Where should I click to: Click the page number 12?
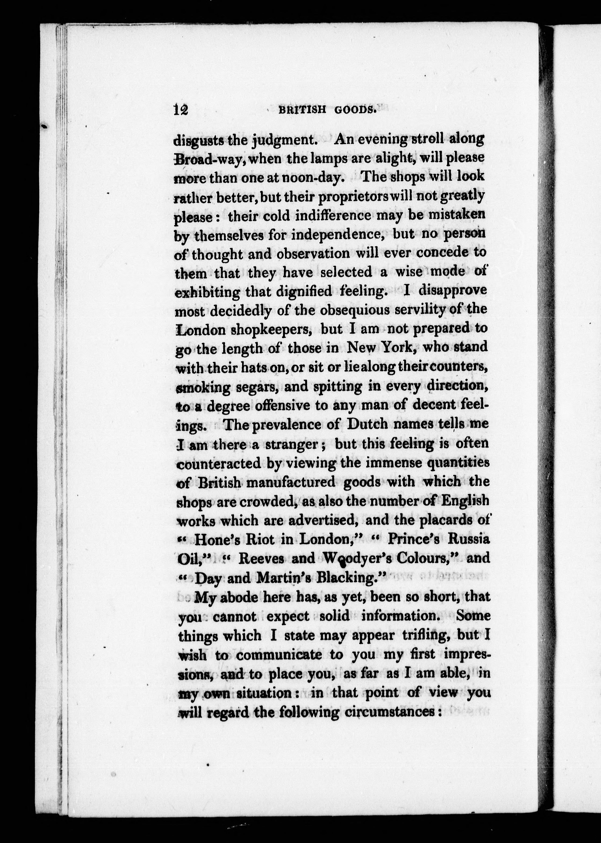point(181,110)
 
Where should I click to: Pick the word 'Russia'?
point(469,539)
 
